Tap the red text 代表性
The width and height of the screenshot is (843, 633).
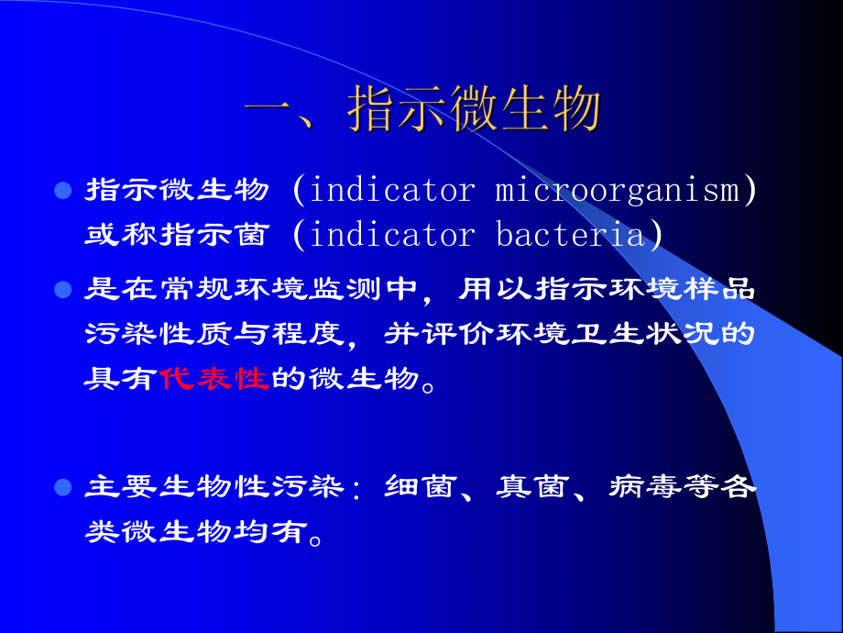(x=213, y=378)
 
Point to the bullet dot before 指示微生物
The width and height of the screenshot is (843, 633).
(x=63, y=191)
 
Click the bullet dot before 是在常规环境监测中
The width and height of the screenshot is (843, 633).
(x=63, y=290)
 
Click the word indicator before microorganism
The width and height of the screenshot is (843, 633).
(x=393, y=191)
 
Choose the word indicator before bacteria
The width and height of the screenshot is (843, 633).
(x=393, y=235)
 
